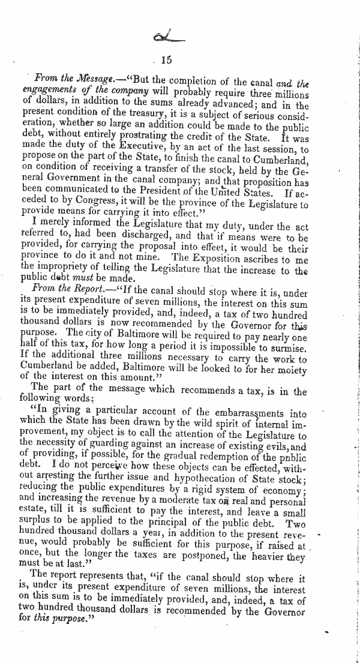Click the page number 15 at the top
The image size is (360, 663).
click(x=166, y=59)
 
